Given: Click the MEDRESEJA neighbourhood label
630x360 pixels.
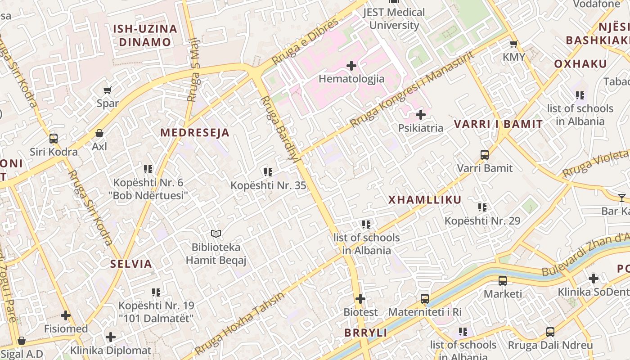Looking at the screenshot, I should tap(195, 133).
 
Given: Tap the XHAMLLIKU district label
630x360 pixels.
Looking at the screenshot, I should tap(425, 200).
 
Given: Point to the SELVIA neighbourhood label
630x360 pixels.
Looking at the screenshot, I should tap(131, 264).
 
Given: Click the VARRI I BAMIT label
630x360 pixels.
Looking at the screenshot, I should tap(498, 124).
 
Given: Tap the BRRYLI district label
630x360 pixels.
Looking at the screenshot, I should tap(366, 333).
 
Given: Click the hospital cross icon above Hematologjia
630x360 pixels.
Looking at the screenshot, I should tap(351, 66).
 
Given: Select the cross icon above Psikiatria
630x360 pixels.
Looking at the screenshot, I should tap(420, 115).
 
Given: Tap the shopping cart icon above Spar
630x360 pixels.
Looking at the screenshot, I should tap(108, 90).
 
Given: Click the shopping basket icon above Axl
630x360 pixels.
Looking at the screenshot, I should tap(99, 134).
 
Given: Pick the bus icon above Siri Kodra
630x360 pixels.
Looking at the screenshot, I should tap(54, 139).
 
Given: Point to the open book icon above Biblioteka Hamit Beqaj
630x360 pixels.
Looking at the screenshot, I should tap(216, 234).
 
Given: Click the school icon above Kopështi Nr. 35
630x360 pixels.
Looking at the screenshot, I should tap(268, 172).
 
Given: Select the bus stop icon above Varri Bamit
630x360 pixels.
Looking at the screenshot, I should tap(485, 155).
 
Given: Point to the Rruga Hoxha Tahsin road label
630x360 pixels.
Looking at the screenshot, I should tap(240, 324).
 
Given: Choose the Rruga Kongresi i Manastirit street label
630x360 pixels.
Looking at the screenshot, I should tap(412, 89).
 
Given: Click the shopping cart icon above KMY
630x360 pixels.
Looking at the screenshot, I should tap(513, 44).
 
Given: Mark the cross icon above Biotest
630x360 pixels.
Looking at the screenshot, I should tap(360, 299).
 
